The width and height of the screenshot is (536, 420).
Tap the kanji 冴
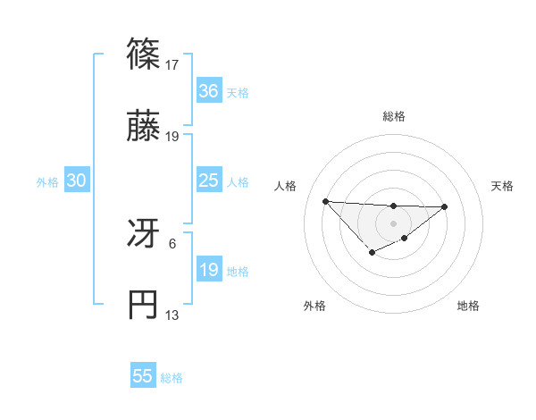(144, 235)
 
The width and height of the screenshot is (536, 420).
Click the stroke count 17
(173, 64)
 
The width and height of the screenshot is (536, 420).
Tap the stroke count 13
(173, 315)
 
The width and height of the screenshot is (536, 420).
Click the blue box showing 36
(208, 90)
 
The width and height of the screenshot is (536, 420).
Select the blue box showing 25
(208, 181)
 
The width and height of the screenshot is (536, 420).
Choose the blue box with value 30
(77, 181)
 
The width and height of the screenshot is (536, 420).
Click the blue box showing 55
(143, 376)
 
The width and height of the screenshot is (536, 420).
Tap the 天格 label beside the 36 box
(238, 92)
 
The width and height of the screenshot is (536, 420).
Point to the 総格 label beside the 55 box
(172, 378)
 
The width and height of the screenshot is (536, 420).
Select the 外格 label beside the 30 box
(47, 182)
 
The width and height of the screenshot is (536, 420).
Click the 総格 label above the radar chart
(393, 116)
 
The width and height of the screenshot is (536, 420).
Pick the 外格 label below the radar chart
(314, 306)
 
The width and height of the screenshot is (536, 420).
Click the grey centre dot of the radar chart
(393, 223)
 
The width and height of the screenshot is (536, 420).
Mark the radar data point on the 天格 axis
(445, 207)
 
